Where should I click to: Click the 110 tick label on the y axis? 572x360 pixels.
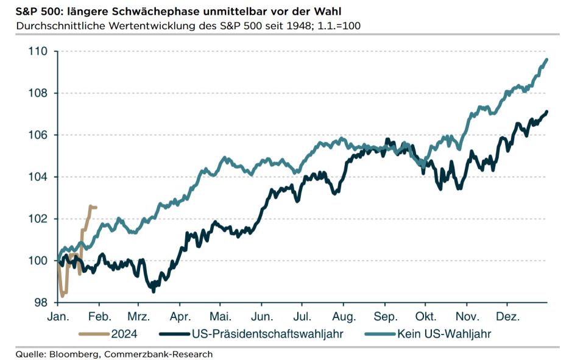[x=37, y=51]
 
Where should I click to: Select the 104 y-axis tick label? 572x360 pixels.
[x=37, y=177]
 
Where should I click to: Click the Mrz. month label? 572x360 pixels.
[x=138, y=317]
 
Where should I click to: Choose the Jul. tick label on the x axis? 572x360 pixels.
[x=303, y=317]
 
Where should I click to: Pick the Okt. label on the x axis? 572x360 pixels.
[x=425, y=317]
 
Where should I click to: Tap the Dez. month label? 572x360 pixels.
[x=507, y=317]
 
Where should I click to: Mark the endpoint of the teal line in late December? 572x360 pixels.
[x=547, y=59]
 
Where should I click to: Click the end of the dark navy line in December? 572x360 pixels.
[x=547, y=111]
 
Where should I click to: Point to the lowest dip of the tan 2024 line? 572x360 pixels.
[x=63, y=297]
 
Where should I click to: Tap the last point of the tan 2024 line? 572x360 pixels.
[x=96, y=207]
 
